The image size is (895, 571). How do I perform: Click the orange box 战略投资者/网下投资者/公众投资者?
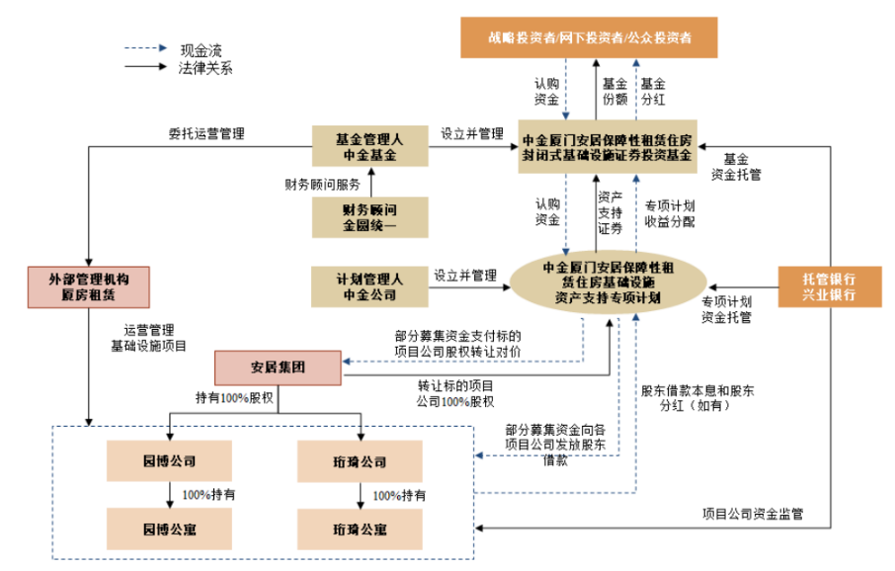point(588,37)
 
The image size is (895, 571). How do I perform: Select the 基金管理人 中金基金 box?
point(370,145)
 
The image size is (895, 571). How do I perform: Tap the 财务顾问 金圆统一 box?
point(370,217)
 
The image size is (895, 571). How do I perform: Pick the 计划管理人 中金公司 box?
point(370,285)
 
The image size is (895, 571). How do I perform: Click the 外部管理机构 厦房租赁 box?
point(89,285)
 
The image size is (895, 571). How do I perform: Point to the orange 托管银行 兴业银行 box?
point(828,285)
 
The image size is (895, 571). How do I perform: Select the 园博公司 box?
point(169,461)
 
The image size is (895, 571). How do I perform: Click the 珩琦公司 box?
point(361,461)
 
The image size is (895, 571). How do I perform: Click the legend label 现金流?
point(200,48)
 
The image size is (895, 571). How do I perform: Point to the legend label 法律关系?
point(205,68)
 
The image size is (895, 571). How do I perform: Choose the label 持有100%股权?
point(234,398)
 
